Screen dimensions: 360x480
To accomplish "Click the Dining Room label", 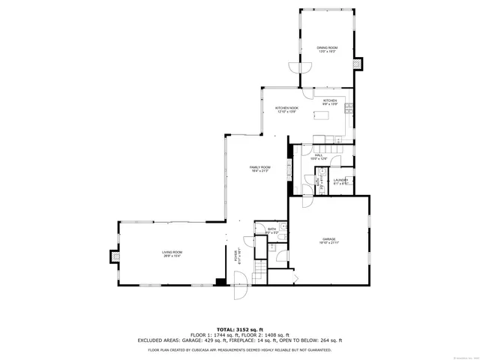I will click(326, 49).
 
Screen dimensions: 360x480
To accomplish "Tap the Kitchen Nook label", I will click(288, 110).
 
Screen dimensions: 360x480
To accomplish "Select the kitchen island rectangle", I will click(324, 115).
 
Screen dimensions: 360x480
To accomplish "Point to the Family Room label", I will click(260, 169).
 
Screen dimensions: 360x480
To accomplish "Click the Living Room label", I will click(172, 254).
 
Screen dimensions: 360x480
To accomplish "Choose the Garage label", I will click(329, 241).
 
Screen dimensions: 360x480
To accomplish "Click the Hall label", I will click(319, 157).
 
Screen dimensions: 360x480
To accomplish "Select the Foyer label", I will click(239, 255).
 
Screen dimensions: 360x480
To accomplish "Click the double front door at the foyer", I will click(241, 287).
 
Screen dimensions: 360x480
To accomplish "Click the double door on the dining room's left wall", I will click(298, 69).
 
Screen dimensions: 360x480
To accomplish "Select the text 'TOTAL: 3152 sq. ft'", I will click(239, 329).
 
